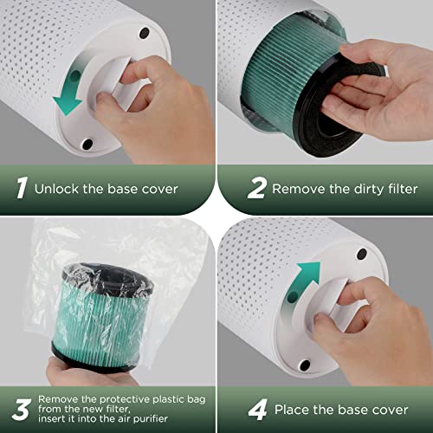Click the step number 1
click(19, 187)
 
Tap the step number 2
click(231, 187)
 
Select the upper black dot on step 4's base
click(361, 255)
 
